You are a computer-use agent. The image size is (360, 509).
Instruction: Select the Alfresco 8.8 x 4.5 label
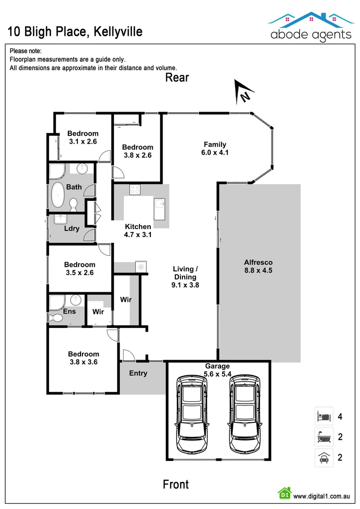click(258, 266)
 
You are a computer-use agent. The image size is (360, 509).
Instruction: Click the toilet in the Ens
click(57, 318)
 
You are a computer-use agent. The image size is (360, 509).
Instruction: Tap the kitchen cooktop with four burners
click(135, 190)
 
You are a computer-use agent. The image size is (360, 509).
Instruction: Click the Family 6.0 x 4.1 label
click(214, 148)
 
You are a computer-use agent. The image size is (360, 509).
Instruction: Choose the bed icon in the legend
click(324, 416)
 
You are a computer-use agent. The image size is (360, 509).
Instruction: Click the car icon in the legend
click(324, 458)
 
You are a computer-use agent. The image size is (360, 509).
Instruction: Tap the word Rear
click(177, 77)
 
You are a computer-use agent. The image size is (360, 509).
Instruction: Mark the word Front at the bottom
click(176, 484)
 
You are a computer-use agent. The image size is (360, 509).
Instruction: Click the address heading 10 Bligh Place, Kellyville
click(75, 32)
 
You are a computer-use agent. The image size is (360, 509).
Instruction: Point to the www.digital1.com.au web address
click(321, 496)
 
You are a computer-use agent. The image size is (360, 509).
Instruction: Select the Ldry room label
click(72, 229)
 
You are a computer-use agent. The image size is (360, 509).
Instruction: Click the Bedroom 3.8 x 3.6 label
click(83, 358)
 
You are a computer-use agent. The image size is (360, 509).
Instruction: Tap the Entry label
click(138, 373)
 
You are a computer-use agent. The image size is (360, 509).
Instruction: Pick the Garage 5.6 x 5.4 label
click(217, 370)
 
